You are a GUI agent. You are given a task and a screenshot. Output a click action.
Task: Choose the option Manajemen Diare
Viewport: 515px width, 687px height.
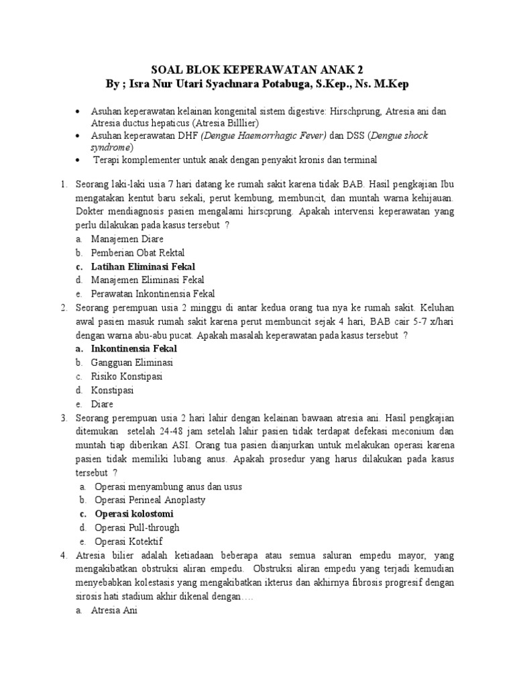coord(127,239)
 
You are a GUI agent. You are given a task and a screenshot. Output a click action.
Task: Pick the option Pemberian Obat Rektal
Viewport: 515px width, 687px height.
coord(139,252)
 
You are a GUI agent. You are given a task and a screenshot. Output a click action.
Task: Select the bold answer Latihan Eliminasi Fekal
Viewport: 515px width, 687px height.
coord(143,266)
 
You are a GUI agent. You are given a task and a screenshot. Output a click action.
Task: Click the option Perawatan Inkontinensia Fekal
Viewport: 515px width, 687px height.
coord(154,293)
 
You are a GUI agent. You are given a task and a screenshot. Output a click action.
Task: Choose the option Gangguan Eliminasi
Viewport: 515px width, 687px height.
coord(133,362)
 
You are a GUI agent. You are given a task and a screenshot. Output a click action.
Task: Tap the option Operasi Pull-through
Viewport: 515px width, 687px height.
coord(137,527)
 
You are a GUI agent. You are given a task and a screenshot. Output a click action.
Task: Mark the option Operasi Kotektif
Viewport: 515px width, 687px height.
coord(129,541)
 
